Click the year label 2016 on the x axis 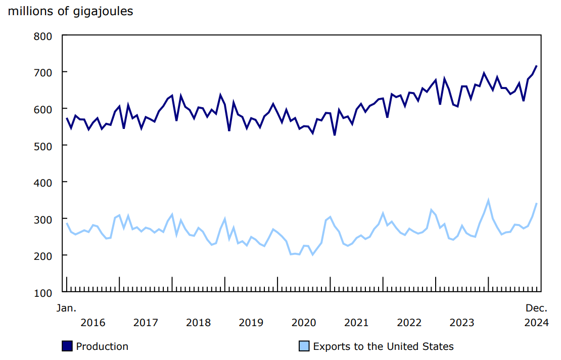[x=93, y=323]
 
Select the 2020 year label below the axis [x=304, y=323]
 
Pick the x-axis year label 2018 [x=198, y=323]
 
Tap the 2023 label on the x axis [x=462, y=323]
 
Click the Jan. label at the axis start [x=66, y=308]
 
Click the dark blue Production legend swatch [x=67, y=346]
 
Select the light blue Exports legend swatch [x=304, y=346]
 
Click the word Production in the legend [x=102, y=346]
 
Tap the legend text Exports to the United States [x=383, y=346]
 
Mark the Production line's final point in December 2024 [x=537, y=66]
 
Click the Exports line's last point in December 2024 [x=537, y=203]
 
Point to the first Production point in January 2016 [x=67, y=118]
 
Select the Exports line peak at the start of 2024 [x=488, y=201]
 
